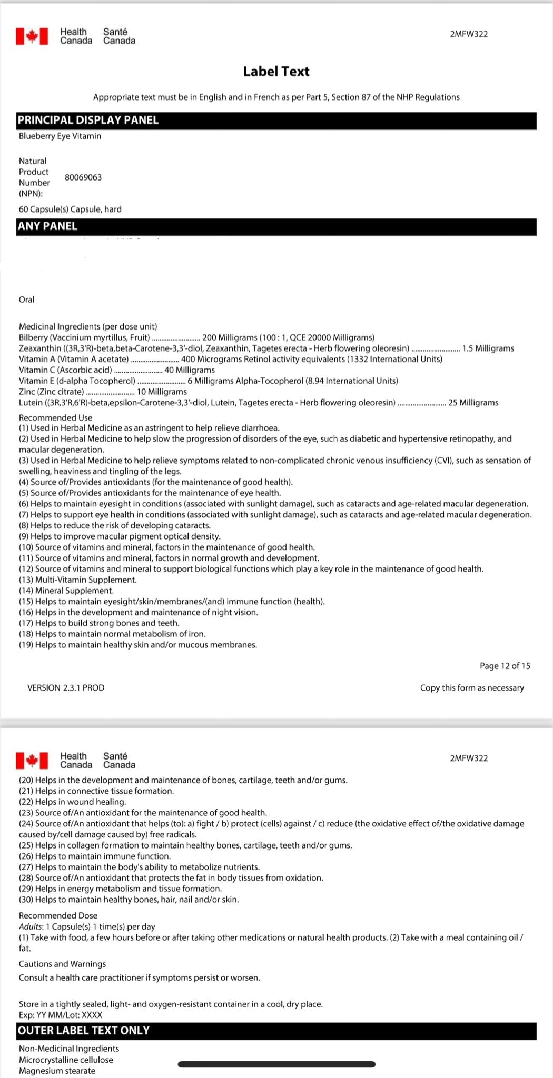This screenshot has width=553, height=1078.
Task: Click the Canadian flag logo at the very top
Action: [x=32, y=36]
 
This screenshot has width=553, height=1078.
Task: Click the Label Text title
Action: [x=276, y=72]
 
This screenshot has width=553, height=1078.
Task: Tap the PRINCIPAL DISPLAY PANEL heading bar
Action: [x=88, y=120]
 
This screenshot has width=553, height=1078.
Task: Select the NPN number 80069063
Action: [x=83, y=177]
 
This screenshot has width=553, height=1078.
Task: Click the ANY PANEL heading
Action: [x=47, y=226]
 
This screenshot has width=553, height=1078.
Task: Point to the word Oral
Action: [x=26, y=300]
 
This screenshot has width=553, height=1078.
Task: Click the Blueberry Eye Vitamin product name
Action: [x=60, y=136]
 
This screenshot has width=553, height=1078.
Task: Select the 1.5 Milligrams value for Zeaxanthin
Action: [x=488, y=348]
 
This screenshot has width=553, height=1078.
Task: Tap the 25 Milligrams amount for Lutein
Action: [x=473, y=403]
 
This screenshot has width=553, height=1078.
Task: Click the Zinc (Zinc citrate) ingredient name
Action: [x=52, y=392]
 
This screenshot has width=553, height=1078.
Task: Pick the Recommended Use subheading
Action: [x=55, y=417]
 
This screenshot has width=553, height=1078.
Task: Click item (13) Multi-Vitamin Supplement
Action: [x=78, y=580]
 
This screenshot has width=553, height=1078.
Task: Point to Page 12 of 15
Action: [x=505, y=666]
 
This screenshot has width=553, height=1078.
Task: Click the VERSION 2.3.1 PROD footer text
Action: [x=66, y=688]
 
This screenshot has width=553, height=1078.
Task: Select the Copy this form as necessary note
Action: [x=472, y=688]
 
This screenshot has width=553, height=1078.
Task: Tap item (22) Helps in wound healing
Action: [x=73, y=802]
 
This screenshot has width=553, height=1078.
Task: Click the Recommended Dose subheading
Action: [x=58, y=915]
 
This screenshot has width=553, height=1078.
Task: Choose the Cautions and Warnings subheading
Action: [x=62, y=964]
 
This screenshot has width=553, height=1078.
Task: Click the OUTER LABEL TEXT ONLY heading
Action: [x=84, y=1031]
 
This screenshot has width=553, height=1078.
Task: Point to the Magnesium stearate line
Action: [x=57, y=1071]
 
